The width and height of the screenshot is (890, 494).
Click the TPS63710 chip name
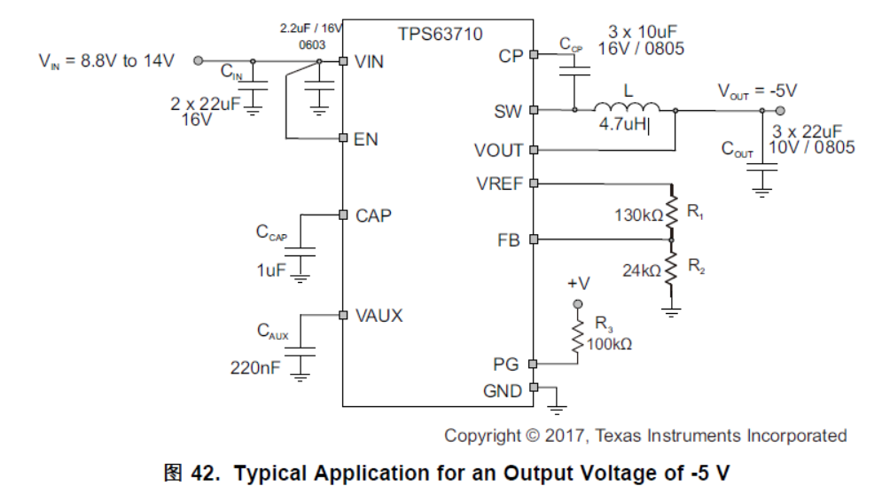coord(440,35)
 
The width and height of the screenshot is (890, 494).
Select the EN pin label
coord(366,139)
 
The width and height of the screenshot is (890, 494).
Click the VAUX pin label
coord(379,315)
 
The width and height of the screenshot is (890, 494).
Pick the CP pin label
coord(511,56)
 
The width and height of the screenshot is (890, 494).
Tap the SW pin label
coord(508,112)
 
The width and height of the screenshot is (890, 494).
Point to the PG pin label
coord(509,364)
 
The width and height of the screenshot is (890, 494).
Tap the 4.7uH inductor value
coord(622,125)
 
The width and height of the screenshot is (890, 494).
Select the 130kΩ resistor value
coord(638,215)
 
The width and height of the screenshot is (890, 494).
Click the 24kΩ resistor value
coord(642,271)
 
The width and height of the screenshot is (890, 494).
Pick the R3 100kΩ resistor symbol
coord(578,337)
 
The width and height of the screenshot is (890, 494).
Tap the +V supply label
coord(578,284)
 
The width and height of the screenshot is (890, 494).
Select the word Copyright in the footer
coord(483,435)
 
